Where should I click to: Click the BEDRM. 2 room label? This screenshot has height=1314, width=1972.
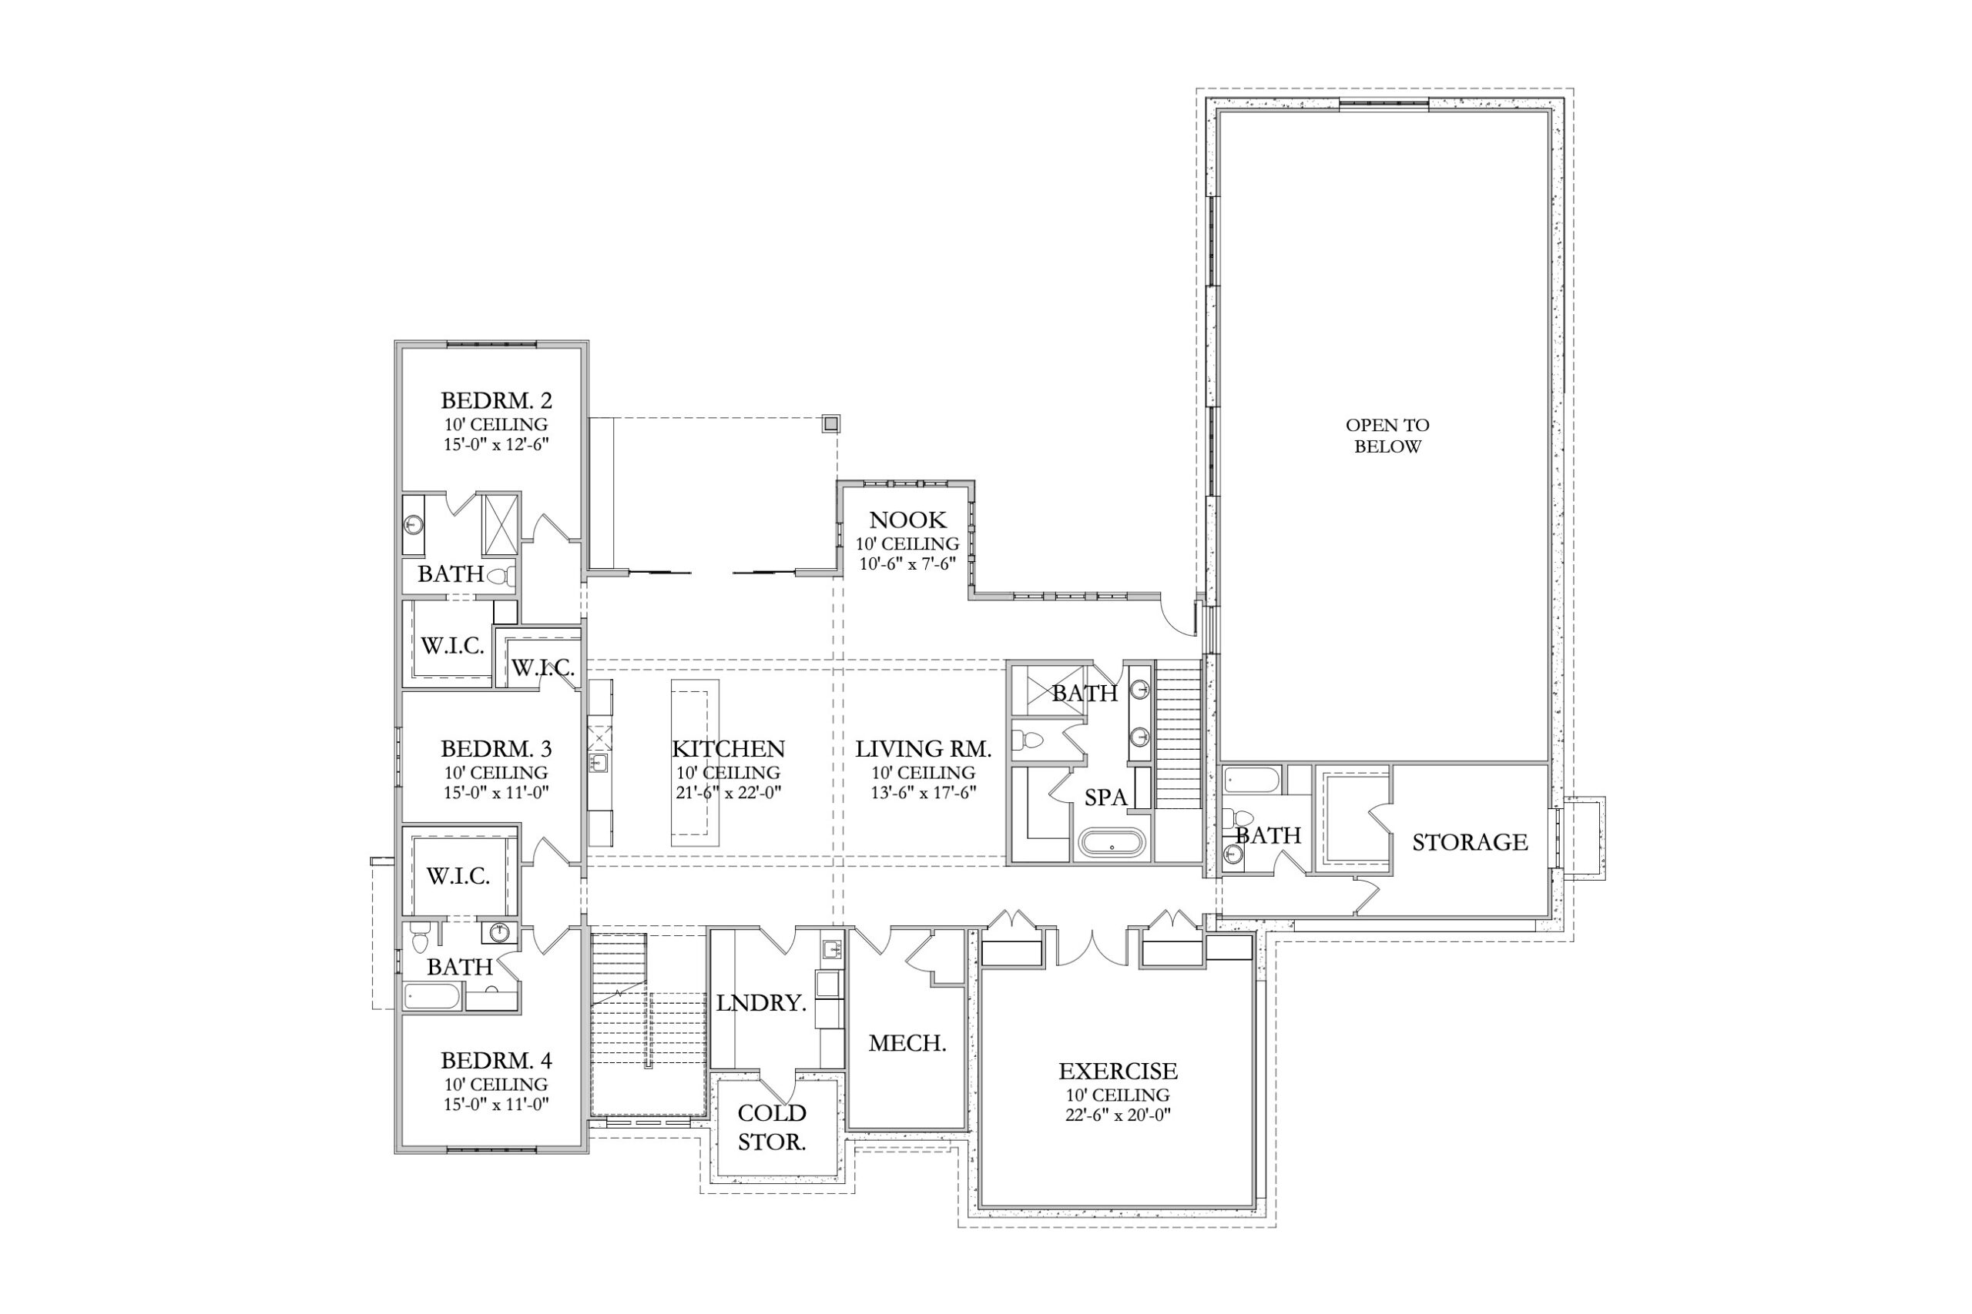click(496, 400)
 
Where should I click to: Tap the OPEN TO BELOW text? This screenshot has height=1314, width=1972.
click(1387, 436)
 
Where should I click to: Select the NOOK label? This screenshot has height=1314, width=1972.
click(907, 520)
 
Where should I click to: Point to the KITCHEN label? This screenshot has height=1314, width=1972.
click(728, 748)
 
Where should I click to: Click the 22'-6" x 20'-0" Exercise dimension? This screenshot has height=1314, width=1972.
click(1118, 1115)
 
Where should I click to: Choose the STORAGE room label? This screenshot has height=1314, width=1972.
click(1470, 842)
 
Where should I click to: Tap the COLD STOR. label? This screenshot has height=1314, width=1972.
click(771, 1127)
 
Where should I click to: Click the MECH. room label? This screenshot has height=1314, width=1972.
click(907, 1043)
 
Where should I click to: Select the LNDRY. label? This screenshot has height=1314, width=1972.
click(761, 1003)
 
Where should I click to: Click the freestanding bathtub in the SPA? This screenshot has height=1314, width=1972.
click(1111, 842)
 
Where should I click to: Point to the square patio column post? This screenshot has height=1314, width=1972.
click(830, 423)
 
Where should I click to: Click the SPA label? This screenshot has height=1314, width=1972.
click(1106, 797)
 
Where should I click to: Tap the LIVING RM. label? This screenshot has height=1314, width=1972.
click(923, 748)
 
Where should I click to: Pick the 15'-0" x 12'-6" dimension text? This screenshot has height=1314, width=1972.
click(496, 444)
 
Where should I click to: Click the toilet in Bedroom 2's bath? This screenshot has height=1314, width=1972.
click(501, 577)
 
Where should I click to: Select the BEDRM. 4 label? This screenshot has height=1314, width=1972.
click(496, 1060)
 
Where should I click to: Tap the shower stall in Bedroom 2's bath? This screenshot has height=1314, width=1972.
click(501, 524)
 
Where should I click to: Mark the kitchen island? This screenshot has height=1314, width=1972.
click(694, 762)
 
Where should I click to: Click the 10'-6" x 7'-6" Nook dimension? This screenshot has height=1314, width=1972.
click(907, 564)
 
